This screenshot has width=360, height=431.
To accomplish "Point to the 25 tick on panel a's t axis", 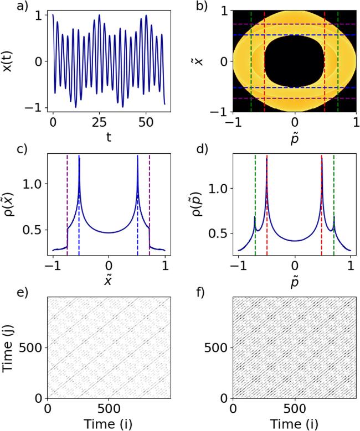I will (98, 121).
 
